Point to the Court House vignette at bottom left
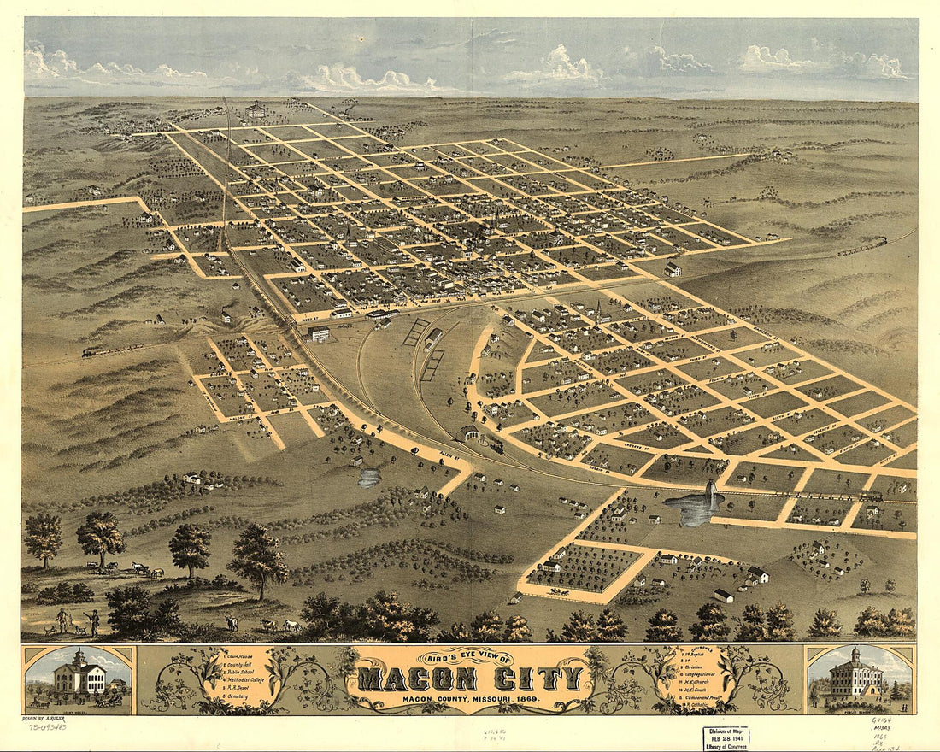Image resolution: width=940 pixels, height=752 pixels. (78, 680)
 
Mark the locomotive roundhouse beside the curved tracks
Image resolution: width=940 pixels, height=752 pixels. (469, 434)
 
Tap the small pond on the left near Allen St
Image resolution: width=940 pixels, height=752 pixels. (369, 478)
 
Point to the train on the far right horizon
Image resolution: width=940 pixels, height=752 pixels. (861, 246)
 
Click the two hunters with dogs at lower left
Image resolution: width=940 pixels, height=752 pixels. (75, 621)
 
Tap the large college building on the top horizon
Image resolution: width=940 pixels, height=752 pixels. (255, 109)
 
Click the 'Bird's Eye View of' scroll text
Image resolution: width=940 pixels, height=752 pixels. (467, 659)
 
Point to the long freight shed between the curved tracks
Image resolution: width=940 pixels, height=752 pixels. (432, 339)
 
